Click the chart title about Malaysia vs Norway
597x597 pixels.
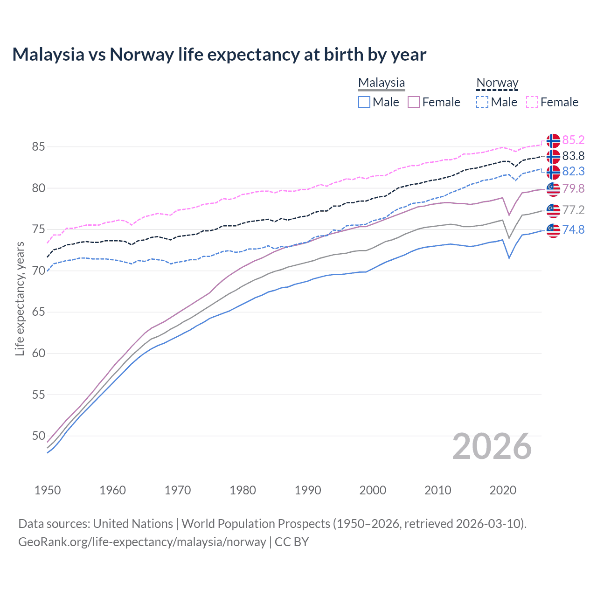(219, 55)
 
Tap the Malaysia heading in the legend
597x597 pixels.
(382, 83)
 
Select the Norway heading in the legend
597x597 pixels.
(497, 83)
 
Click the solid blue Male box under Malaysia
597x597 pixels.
(364, 102)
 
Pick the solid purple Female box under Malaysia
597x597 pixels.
(414, 102)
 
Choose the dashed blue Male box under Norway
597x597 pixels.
(482, 102)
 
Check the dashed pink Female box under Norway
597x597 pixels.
(532, 102)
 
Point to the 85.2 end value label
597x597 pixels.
(573, 140)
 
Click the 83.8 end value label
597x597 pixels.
(573, 156)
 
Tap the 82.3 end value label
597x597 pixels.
(573, 172)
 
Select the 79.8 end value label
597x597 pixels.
(573, 188)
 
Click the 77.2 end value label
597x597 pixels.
(573, 210)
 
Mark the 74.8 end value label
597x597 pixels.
(573, 229)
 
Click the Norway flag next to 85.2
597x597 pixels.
(553, 140)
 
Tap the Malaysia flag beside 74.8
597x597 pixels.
(553, 230)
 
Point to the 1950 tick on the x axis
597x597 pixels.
(48, 490)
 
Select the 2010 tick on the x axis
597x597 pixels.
(437, 490)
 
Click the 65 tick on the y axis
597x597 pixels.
(38, 312)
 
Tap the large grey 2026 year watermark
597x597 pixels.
(492, 447)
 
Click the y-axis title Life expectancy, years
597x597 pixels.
(20, 298)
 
